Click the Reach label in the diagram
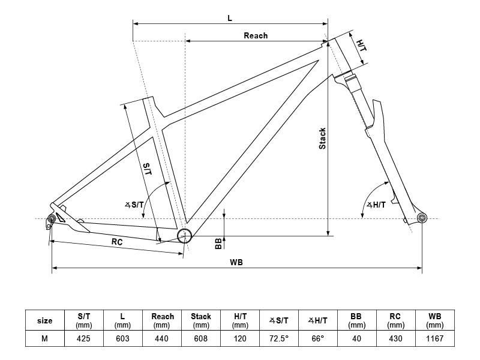[x=256, y=35]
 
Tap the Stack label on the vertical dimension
[x=322, y=139]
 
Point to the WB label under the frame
[x=236, y=262]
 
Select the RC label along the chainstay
[x=117, y=242]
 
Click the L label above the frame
[x=230, y=18]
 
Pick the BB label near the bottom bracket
[x=218, y=244]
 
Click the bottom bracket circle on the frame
[x=185, y=236]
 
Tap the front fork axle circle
[x=422, y=218]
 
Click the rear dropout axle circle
[x=52, y=218]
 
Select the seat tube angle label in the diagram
[x=134, y=205]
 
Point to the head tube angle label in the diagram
[x=377, y=205]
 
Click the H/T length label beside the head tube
[x=362, y=46]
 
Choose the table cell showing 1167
[x=434, y=338]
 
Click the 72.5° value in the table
[x=279, y=338]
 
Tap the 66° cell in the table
[x=318, y=338]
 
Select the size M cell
[x=44, y=338]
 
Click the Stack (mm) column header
[x=201, y=320]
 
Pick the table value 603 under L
[x=122, y=338]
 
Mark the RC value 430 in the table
[x=396, y=338]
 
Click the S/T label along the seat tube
[x=148, y=169]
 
